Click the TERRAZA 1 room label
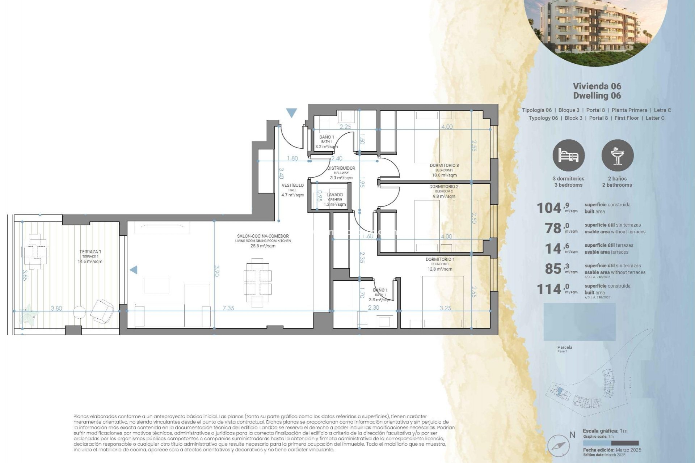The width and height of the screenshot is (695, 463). click(x=90, y=252)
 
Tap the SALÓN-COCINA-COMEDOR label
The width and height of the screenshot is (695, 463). click(x=263, y=236)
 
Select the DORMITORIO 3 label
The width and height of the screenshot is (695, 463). click(x=444, y=166)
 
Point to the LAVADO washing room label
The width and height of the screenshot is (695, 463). click(x=334, y=195)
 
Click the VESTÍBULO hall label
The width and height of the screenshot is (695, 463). click(x=292, y=186)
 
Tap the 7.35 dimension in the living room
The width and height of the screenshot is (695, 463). click(x=228, y=308)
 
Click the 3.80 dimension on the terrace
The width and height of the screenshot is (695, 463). click(x=56, y=309)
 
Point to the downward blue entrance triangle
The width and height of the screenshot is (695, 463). click(x=291, y=113)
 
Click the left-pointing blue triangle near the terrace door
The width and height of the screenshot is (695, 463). click(x=134, y=270)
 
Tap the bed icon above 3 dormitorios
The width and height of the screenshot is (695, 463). click(x=568, y=156)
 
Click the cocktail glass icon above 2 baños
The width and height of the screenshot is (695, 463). click(x=617, y=156)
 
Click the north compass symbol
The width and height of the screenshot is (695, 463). click(x=558, y=445)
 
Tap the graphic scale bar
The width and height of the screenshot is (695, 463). click(x=611, y=443)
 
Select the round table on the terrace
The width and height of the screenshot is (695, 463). click(x=79, y=312)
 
